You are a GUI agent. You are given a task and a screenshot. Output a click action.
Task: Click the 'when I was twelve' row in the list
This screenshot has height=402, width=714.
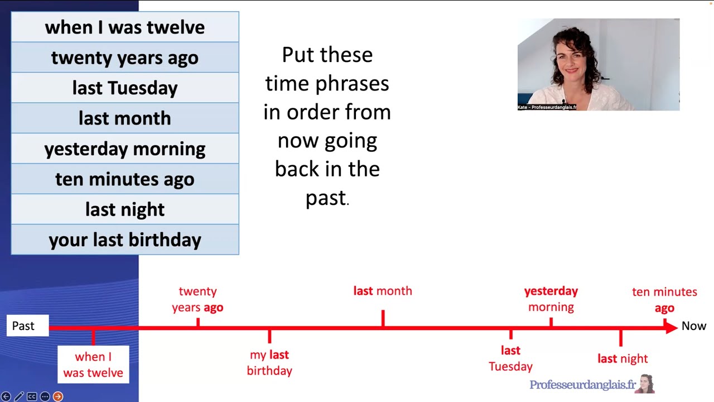click(x=125, y=27)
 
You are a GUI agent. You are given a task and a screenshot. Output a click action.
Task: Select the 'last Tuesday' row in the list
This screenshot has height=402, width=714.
click(x=125, y=88)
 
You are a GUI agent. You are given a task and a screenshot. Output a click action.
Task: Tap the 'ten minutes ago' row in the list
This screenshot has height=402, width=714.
click(x=125, y=179)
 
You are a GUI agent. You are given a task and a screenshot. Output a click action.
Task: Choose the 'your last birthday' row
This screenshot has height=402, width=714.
click(x=125, y=240)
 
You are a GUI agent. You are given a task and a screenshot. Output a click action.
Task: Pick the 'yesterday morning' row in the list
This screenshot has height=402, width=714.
click(x=125, y=149)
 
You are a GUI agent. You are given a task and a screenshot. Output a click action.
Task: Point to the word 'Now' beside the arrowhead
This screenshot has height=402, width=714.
click(x=693, y=326)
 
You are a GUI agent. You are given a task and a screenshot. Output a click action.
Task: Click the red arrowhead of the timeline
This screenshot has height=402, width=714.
click(x=671, y=327)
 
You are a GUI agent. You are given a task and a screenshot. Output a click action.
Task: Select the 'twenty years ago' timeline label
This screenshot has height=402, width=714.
click(x=197, y=299)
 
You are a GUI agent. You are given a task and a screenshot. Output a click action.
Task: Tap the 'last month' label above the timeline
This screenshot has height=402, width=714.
click(x=383, y=291)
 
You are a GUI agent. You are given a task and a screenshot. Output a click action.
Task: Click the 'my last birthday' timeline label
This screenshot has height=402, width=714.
click(x=269, y=362)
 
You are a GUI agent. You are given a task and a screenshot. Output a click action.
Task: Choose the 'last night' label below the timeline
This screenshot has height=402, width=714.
click(x=623, y=358)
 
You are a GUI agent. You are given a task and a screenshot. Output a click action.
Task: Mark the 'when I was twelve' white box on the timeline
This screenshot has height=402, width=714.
click(x=93, y=365)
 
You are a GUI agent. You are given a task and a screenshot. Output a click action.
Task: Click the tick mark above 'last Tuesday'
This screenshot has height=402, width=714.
click(x=510, y=334)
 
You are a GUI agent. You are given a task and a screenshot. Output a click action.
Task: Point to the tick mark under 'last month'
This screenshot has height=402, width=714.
click(x=383, y=318)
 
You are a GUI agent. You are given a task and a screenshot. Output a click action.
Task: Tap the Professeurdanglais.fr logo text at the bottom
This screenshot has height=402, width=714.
click(x=582, y=385)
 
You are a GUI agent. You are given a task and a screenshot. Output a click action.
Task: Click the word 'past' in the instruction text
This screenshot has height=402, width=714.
click(x=326, y=198)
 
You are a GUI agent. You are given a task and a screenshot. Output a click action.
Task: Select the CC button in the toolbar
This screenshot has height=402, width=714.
click(x=32, y=396)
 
